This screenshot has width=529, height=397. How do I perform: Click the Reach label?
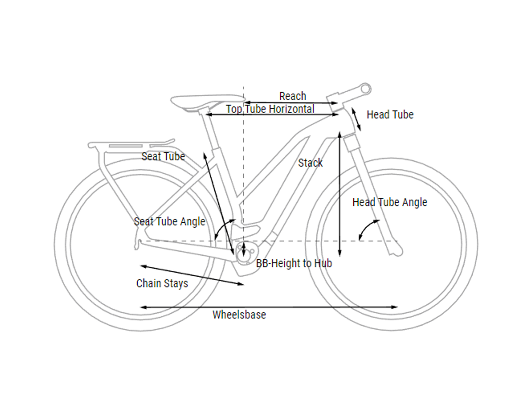pos(293,96)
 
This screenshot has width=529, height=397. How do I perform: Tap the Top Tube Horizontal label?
pos(270,109)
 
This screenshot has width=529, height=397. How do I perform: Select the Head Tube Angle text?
pos(390,202)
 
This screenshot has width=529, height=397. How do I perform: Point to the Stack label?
pos(310,163)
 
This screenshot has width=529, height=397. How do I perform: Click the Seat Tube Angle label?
pos(169,222)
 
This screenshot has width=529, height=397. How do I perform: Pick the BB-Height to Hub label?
pos(294,263)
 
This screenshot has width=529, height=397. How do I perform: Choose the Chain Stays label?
pos(162,283)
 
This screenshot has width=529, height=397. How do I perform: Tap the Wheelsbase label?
pos(239,315)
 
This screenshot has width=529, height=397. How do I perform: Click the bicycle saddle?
pos(208,102)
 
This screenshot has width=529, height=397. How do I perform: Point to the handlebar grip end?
pos(366,89)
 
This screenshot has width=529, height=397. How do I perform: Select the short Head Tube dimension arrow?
pos(356,119)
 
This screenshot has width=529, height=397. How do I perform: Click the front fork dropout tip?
pos(397,253)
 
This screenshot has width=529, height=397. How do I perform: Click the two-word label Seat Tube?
pos(163,156)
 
